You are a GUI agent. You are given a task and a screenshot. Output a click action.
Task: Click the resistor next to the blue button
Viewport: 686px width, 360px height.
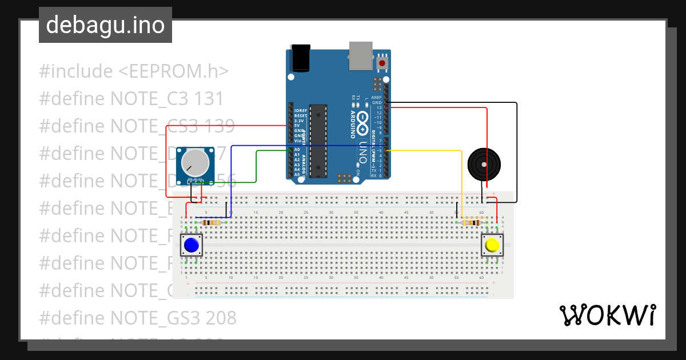(x=213, y=222)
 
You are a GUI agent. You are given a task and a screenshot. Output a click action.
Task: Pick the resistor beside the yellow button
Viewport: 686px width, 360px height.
(x=470, y=222)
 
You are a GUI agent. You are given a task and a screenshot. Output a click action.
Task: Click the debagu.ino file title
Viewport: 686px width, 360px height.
(x=105, y=25)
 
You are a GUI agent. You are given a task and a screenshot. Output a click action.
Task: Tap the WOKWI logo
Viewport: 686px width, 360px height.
(x=607, y=315)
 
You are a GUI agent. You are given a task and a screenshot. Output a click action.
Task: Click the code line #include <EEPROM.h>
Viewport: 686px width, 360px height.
(x=134, y=71)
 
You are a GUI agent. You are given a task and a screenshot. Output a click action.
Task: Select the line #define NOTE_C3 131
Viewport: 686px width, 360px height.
(x=131, y=99)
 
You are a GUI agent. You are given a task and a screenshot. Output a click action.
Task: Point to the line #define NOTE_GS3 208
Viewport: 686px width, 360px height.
(x=137, y=317)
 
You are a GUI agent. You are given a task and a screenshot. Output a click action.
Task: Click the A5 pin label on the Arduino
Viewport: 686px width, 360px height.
(x=297, y=174)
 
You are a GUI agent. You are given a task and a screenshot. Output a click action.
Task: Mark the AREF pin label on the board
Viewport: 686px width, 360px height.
(x=376, y=98)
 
